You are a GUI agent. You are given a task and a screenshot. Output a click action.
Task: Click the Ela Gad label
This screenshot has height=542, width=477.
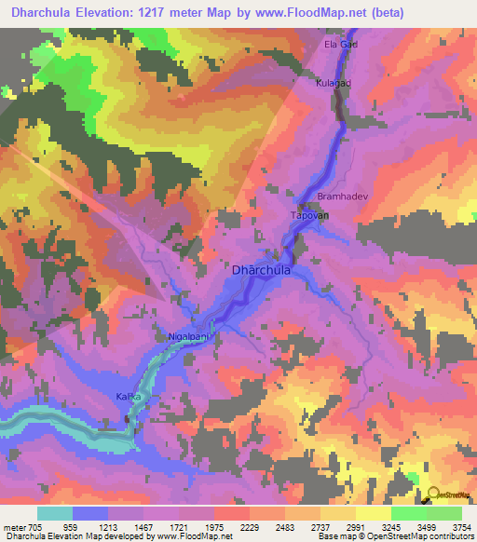[340, 44]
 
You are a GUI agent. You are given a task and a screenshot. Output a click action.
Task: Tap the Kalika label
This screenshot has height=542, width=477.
[129, 397]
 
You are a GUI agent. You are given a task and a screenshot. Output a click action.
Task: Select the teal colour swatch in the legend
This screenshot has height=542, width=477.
[55, 513]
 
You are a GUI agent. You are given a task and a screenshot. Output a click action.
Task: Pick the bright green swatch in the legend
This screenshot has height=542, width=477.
[408, 513]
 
